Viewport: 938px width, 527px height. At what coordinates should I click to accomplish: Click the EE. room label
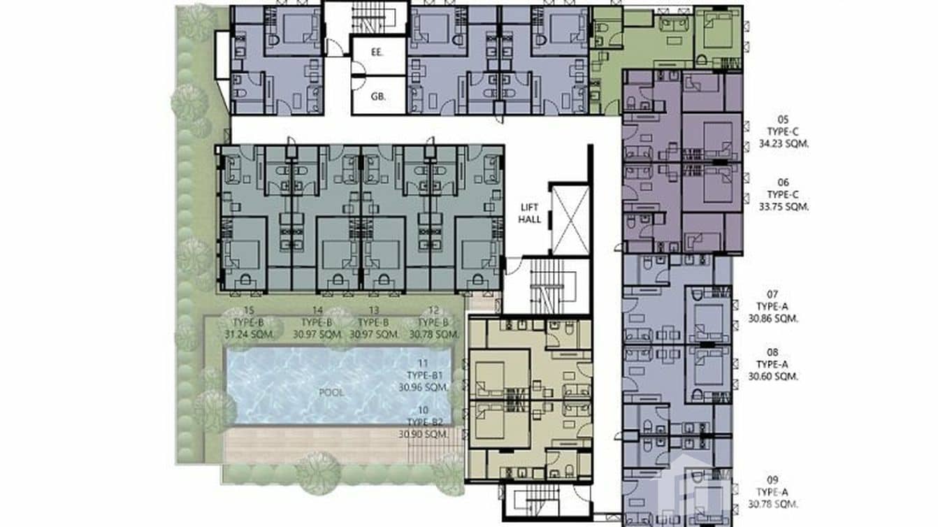377,52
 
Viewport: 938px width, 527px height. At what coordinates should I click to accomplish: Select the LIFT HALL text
530,213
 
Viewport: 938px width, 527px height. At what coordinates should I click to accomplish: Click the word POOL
331,392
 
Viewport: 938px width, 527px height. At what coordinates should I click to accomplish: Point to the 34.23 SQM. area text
777,144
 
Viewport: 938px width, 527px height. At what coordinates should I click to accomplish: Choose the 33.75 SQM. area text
777,207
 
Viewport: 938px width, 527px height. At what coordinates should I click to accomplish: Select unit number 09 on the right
772,479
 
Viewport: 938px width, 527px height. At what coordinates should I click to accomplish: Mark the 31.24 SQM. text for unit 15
249,335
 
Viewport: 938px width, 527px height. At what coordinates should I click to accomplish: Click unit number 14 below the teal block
317,310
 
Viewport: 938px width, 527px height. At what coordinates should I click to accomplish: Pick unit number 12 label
433,310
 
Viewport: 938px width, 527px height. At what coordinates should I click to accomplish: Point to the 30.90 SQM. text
423,434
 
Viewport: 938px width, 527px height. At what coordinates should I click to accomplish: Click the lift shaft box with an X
570,219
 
